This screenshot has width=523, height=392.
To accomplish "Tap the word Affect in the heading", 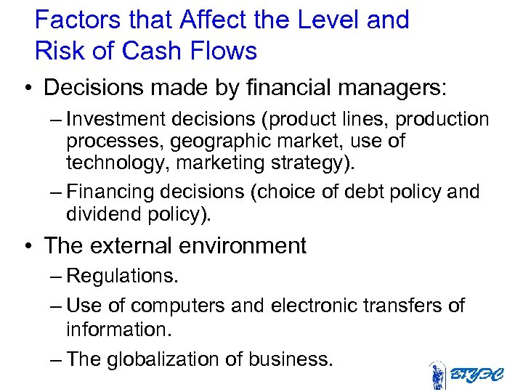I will click(x=217, y=20).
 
